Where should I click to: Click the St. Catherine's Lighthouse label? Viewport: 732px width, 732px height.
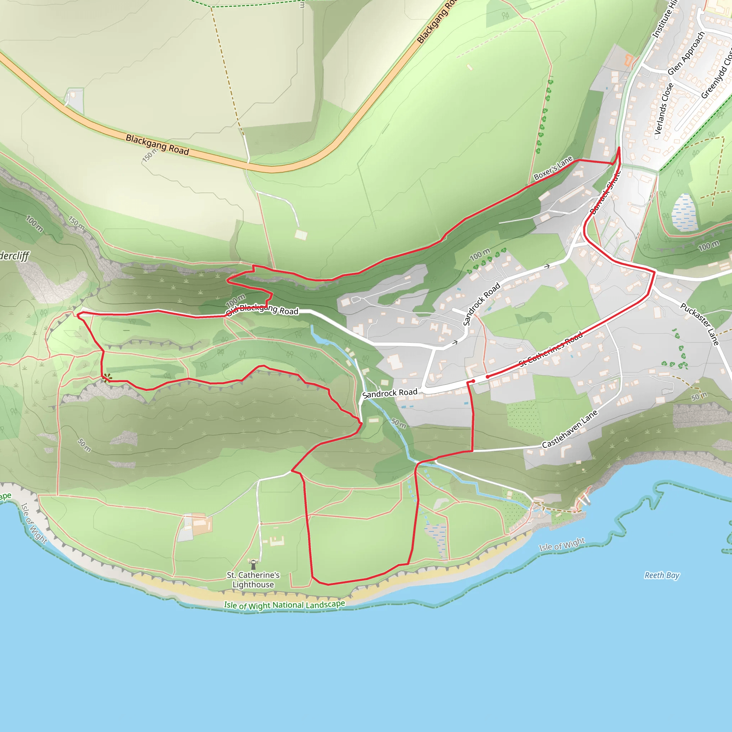point(253,580)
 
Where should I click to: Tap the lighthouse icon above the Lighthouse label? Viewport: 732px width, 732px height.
point(253,564)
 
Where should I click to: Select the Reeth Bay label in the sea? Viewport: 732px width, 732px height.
point(662,575)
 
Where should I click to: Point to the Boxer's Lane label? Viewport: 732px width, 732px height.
point(553,168)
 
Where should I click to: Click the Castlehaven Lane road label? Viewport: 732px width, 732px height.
point(569,429)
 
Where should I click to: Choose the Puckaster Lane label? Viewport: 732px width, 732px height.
point(699,324)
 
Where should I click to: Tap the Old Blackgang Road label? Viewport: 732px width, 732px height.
point(262,309)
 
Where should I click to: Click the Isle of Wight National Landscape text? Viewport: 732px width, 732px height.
point(284,605)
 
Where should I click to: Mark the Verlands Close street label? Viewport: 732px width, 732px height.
point(664,109)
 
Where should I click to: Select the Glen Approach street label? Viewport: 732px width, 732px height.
point(686,53)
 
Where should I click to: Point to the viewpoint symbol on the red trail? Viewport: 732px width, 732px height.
point(107,377)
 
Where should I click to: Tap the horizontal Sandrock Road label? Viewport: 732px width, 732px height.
point(390,393)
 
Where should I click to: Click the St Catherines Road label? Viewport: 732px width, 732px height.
point(550,349)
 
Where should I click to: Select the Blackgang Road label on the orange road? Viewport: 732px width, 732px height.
point(157,144)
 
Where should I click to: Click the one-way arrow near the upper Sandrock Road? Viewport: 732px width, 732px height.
point(547,266)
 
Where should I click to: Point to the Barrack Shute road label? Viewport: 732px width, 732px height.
point(605,193)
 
